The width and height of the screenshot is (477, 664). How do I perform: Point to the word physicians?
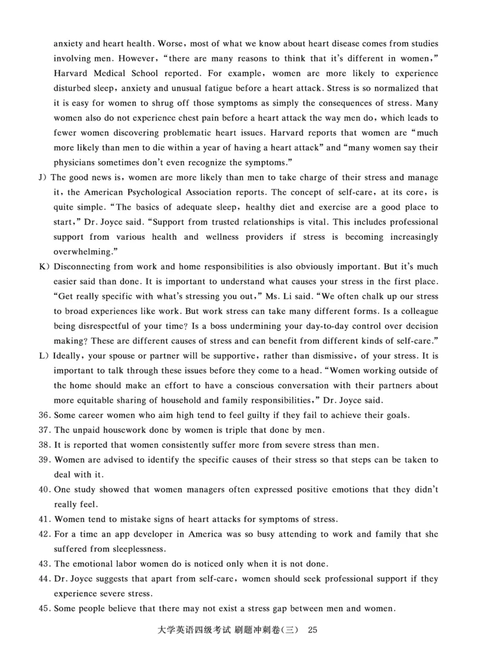pos(76,162)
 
